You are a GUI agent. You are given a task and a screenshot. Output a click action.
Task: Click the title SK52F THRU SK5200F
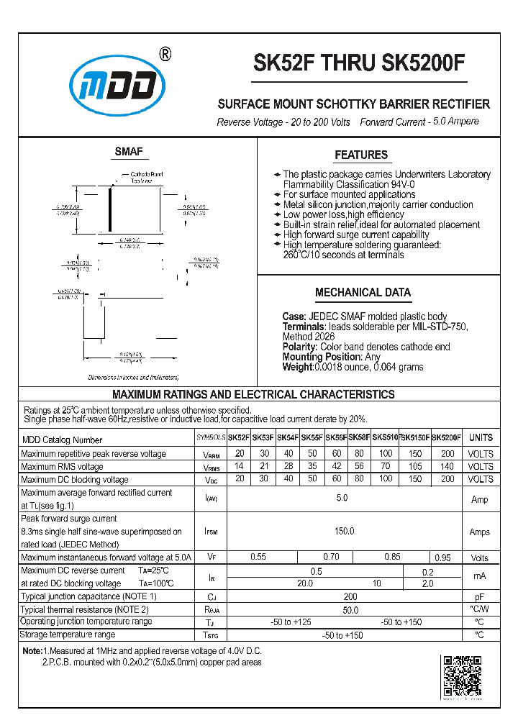click(359, 64)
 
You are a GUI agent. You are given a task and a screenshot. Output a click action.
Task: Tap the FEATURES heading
click(361, 155)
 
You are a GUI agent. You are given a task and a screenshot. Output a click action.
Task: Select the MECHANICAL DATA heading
click(363, 292)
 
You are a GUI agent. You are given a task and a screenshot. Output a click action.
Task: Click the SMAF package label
click(129, 152)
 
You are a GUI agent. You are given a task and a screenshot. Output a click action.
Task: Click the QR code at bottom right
click(460, 678)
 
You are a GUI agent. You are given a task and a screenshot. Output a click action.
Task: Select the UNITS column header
click(481, 437)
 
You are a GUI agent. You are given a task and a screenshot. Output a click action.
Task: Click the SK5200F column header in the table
click(447, 437)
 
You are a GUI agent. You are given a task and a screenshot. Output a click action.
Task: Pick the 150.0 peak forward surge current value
click(344, 532)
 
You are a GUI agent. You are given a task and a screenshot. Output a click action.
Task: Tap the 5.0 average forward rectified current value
click(342, 499)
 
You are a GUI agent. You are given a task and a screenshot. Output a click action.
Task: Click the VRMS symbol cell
click(211, 467)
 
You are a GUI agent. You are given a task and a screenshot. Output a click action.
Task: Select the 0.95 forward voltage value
click(445, 558)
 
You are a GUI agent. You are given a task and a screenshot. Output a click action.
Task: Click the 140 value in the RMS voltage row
click(447, 467)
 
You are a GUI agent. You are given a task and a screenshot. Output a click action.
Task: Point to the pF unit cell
click(480, 597)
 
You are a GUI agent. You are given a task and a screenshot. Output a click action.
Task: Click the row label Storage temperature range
click(68, 635)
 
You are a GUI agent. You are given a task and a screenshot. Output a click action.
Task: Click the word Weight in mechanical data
click(297, 367)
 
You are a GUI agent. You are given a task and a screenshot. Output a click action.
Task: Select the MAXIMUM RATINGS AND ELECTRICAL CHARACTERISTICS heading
click(253, 395)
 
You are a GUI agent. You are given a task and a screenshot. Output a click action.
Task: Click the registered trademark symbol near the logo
click(165, 55)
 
